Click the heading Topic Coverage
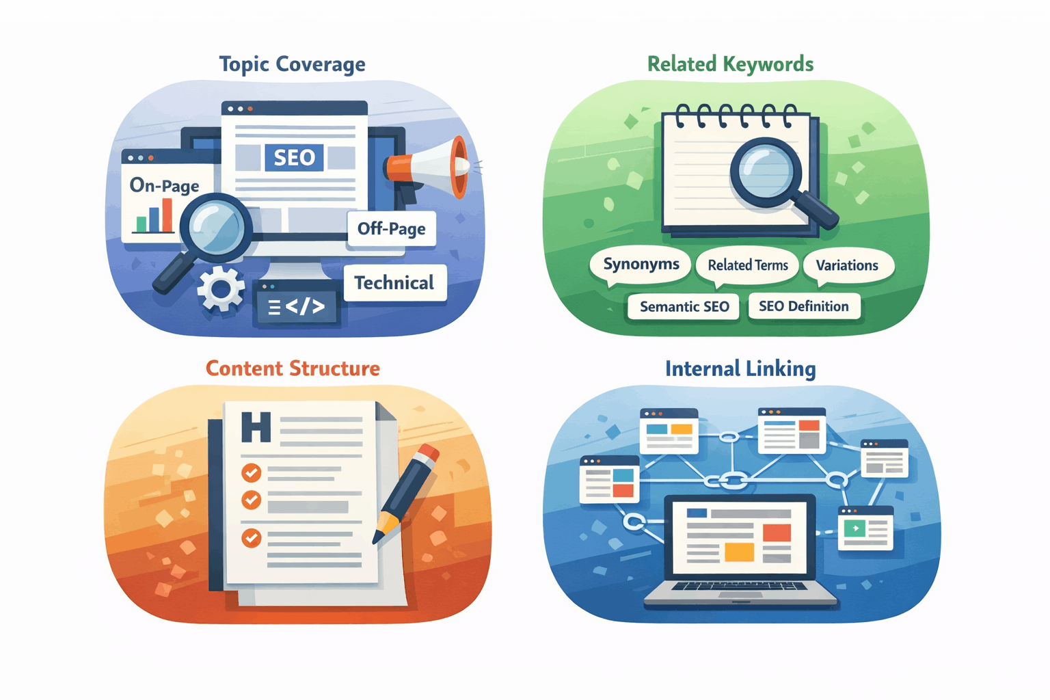[x=292, y=64]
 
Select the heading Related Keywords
[x=730, y=64]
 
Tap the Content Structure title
[x=293, y=368]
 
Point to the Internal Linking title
[x=740, y=369]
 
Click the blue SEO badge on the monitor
[x=294, y=158]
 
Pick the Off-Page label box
[x=391, y=228]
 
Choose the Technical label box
[x=394, y=283]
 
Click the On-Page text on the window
[x=164, y=185]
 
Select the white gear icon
[x=221, y=289]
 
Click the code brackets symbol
[x=297, y=307]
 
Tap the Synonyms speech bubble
[x=641, y=265]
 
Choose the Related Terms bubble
[x=747, y=265]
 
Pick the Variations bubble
[x=847, y=265]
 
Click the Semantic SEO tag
[x=684, y=307]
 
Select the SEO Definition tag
[x=804, y=306]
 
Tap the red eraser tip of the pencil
[x=427, y=453]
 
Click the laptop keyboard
[x=740, y=587]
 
